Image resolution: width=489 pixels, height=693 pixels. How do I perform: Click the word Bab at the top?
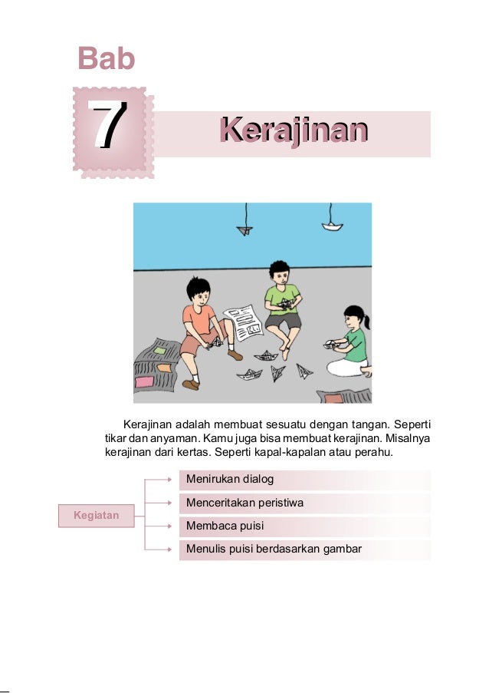107,59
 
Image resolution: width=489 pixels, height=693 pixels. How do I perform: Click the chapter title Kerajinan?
292,130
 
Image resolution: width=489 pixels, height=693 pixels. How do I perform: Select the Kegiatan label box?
97,516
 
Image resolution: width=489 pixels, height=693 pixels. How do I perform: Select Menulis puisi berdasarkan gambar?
274,549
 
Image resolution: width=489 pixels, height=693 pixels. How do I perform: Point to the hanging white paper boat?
332,226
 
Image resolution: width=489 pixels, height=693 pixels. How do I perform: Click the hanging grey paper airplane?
245,229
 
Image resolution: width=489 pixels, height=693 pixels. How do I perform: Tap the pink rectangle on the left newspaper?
144,381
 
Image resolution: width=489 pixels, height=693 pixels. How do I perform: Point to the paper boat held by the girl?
331,343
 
